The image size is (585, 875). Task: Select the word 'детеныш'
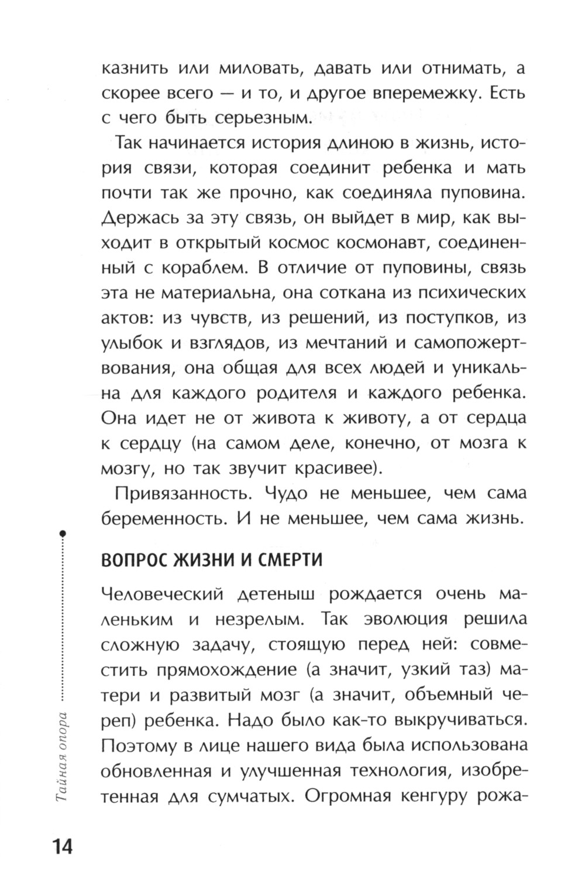278,594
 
